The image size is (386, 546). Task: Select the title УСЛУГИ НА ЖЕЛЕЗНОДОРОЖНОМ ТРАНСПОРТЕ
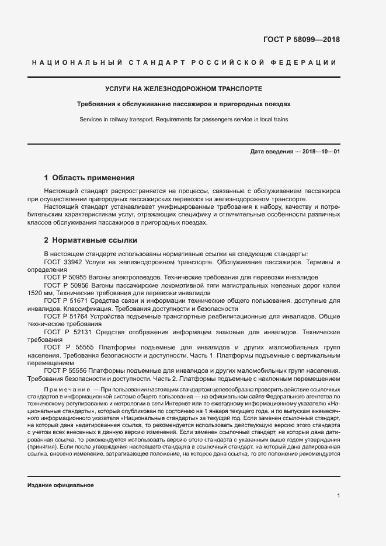[x=183, y=89]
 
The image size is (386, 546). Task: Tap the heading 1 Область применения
[x=89, y=177]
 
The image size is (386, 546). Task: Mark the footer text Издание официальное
[x=60, y=485]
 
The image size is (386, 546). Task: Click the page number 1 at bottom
[x=338, y=496]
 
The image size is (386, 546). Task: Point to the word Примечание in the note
[x=63, y=388]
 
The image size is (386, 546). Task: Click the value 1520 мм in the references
[x=40, y=292]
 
